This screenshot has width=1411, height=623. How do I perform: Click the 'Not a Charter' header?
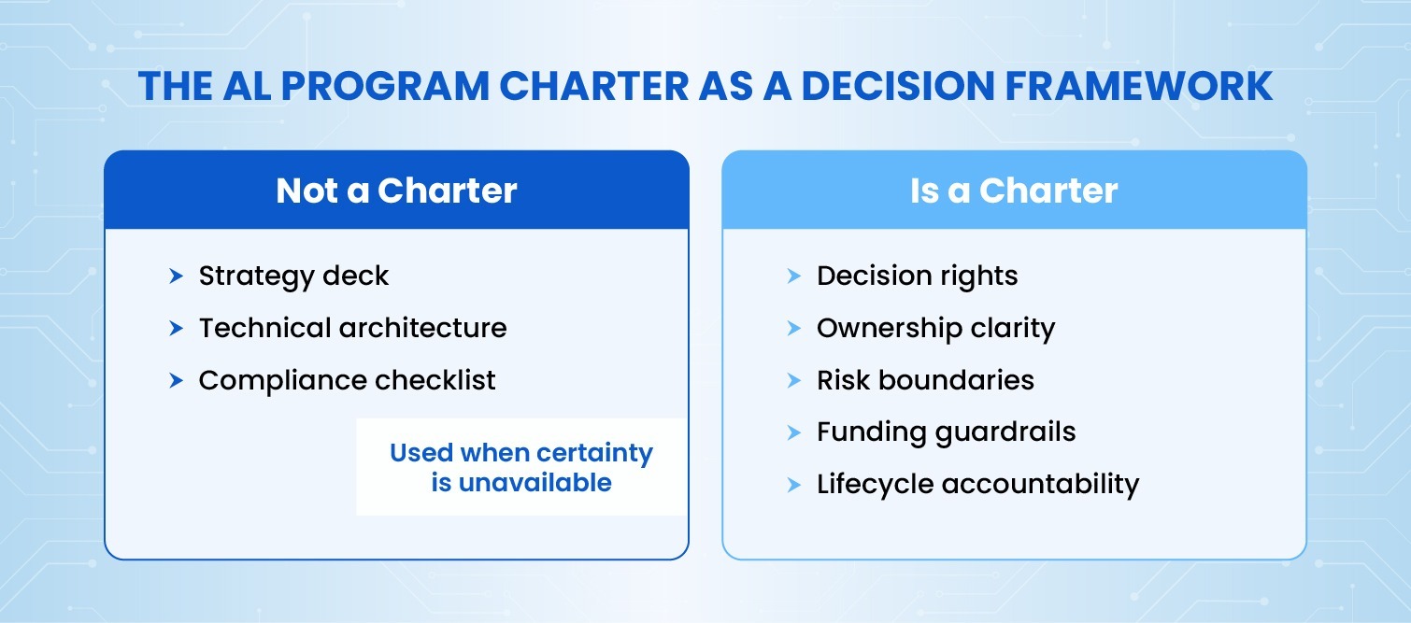pos(396,191)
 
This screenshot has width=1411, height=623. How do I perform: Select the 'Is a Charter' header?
pos(1014,191)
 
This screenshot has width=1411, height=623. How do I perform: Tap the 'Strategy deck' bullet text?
pos(293,276)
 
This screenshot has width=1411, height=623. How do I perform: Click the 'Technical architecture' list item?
pos(352,328)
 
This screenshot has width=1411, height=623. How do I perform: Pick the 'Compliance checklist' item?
pos(347,380)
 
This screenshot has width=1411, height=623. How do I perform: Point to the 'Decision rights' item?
pos(917,276)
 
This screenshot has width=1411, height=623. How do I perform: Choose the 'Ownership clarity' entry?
pos(935,328)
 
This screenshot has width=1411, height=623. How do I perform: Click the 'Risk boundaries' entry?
pos(925,380)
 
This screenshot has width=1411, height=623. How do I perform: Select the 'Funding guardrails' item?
pos(946,432)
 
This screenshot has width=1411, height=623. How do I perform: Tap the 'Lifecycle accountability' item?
pos(977,484)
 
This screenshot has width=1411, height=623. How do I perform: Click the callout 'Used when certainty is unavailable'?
pos(521,467)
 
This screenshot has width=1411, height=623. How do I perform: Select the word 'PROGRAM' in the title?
pos(385,86)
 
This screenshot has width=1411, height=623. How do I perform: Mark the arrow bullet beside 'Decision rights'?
pos(793,276)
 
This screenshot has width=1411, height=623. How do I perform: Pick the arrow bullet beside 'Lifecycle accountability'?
pos(793,484)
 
